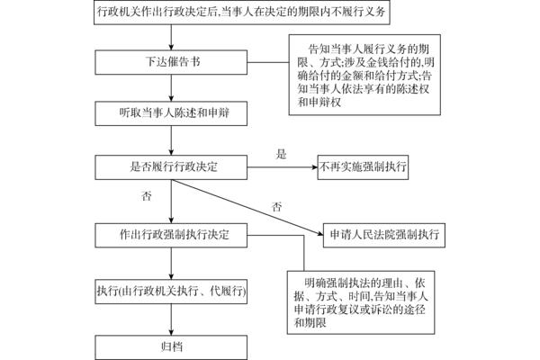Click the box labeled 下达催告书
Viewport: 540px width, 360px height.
point(171,62)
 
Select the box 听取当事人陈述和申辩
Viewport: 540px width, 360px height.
point(171,113)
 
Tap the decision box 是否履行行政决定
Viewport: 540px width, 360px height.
point(171,167)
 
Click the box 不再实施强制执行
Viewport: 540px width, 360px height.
point(363,167)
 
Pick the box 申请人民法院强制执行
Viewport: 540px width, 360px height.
point(384,235)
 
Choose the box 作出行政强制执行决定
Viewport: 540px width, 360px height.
point(171,235)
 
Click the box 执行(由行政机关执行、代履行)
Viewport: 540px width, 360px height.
point(171,292)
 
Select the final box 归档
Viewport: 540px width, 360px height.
point(171,347)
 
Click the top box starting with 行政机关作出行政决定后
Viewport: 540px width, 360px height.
point(242,13)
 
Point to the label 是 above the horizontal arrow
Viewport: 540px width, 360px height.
point(281,154)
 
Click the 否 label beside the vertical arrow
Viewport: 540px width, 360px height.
point(147,196)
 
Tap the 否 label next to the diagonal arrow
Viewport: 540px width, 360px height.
point(277,207)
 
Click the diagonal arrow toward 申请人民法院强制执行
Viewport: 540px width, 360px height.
point(247,207)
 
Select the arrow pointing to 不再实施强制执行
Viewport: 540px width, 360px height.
point(283,167)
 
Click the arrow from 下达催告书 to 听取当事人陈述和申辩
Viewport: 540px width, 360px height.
point(171,88)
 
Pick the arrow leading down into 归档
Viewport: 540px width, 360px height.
point(171,319)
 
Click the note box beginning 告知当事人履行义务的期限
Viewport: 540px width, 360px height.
point(364,75)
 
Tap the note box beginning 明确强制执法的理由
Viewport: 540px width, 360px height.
point(361,302)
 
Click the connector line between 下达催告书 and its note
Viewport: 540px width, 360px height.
point(268,63)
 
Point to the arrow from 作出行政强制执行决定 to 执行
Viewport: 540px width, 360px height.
point(171,264)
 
